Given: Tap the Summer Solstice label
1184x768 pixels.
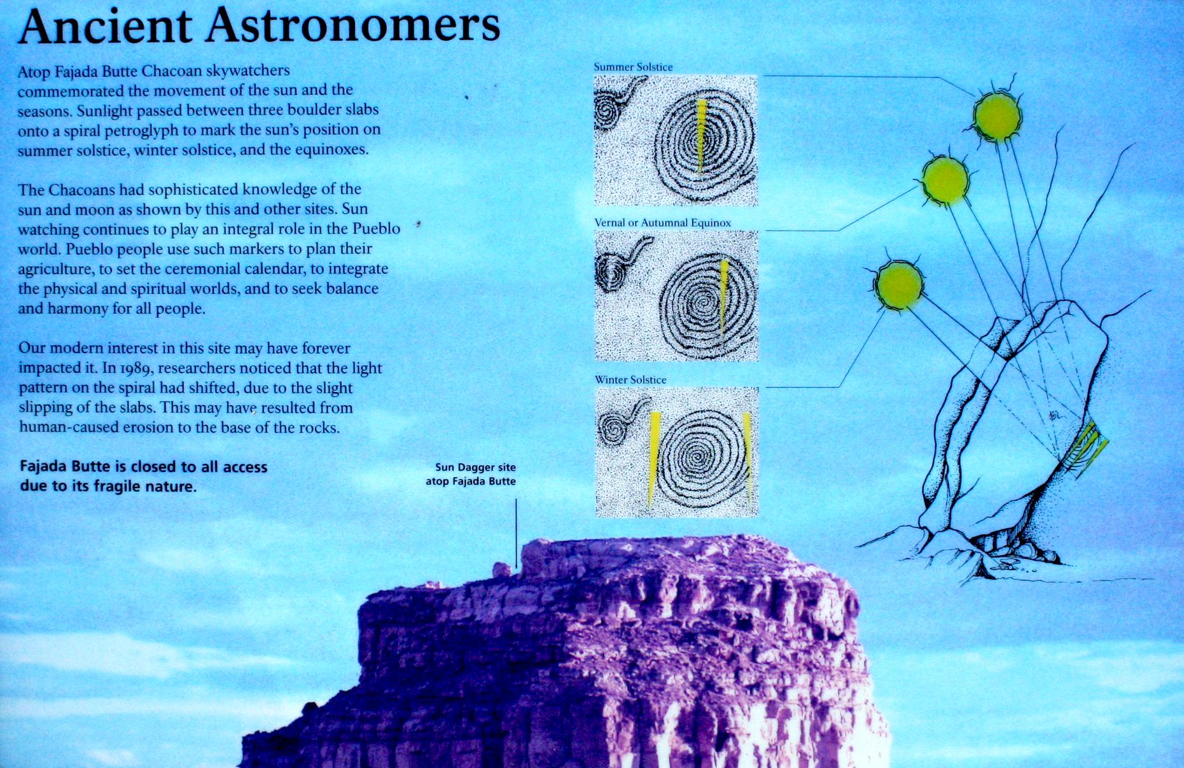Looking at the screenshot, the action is pos(633,67).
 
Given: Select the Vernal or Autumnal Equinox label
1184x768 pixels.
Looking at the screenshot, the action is pos(662,223).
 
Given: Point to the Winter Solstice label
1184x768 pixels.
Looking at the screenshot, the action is pos(630,380).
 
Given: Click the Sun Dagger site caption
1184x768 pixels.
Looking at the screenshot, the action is pos(471,475).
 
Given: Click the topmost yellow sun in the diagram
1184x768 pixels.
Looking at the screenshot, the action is pos(997,116).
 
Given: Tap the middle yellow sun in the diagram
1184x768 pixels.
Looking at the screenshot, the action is pos(945,181).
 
